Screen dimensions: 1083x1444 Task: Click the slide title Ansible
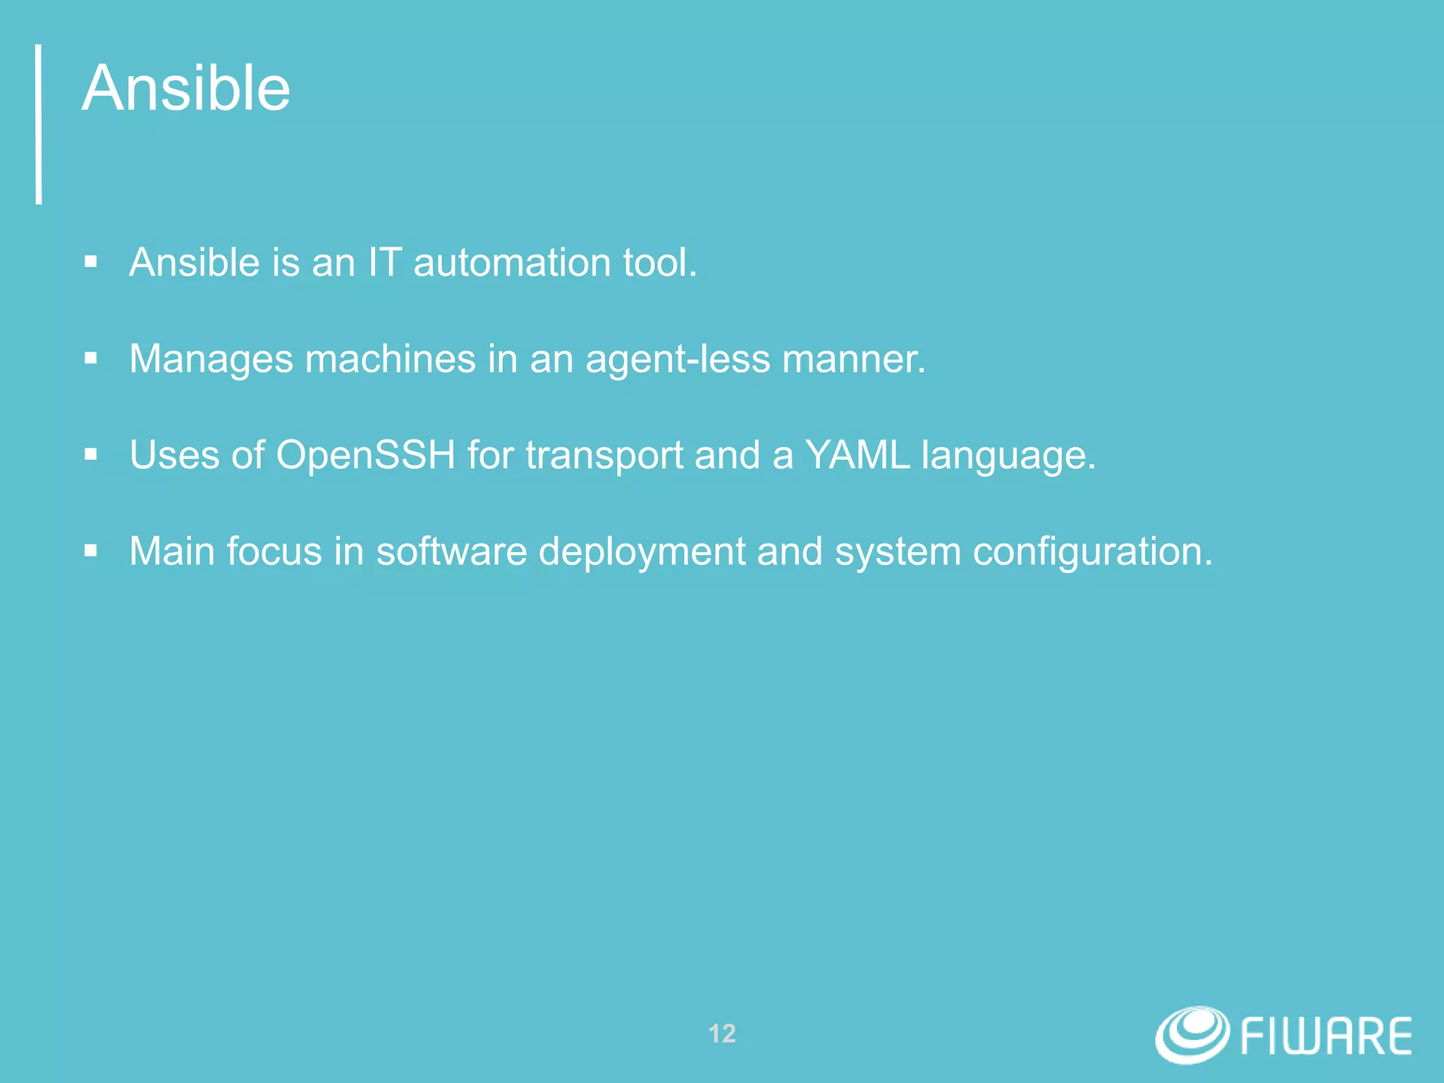186,88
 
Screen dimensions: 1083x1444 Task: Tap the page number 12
722,1034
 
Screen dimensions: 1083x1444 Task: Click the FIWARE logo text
1326,1036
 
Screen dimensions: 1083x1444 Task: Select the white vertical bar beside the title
39,124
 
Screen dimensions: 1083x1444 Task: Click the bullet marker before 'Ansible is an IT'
90,262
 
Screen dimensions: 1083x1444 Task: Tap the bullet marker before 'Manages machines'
90,358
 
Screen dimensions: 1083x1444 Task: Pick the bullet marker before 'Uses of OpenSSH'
90,455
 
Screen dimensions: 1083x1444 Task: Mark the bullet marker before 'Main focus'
90,551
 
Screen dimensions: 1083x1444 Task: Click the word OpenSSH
365,455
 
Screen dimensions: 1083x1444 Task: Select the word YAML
857,455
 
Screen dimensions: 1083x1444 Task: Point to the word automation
512,262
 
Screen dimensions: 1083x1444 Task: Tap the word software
451,551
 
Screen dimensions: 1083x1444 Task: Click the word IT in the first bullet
384,262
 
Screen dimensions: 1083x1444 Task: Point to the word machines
390,358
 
